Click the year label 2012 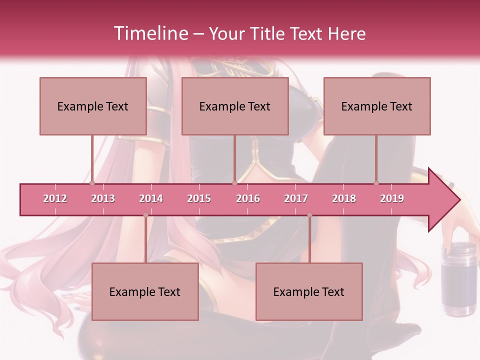click(55, 198)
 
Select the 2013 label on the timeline click(103, 198)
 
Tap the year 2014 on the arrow click(151, 198)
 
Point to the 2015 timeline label click(199, 198)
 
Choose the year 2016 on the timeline click(248, 198)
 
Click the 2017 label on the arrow click(296, 198)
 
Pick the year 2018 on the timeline click(344, 198)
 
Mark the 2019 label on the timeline click(392, 198)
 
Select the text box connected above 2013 click(93, 106)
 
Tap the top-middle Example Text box click(235, 106)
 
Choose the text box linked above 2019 click(377, 106)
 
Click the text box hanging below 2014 click(145, 291)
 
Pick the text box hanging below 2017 click(309, 291)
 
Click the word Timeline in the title click(150, 33)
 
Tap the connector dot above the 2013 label click(92, 183)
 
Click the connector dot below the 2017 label click(309, 215)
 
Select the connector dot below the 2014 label click(145, 215)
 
